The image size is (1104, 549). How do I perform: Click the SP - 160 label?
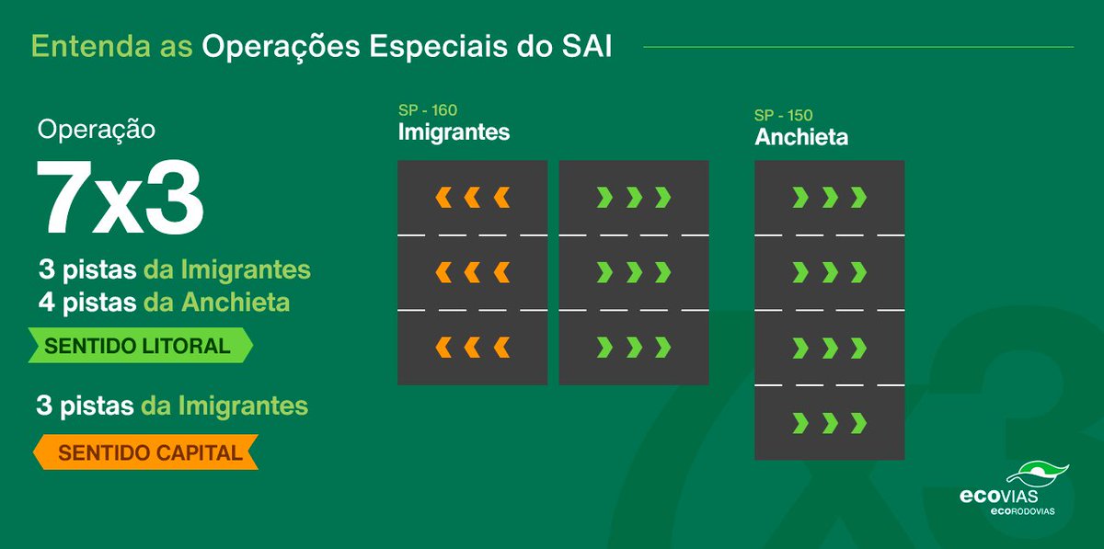pyautogui.click(x=428, y=111)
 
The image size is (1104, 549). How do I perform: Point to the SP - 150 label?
pyautogui.click(x=784, y=116)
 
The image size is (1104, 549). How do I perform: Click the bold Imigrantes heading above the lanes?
pyautogui.click(x=454, y=132)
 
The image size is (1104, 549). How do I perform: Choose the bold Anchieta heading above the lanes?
pyautogui.click(x=801, y=138)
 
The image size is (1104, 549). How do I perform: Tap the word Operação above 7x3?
pyautogui.click(x=97, y=130)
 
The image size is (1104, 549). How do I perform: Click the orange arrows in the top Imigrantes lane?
pyautogui.click(x=473, y=197)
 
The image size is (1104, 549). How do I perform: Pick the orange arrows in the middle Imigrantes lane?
pyautogui.click(x=473, y=272)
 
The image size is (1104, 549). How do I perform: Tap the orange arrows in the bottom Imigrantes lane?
pyautogui.click(x=473, y=347)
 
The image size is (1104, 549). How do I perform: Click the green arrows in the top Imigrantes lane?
pyautogui.click(x=634, y=197)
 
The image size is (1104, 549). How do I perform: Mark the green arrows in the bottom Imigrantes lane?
pyautogui.click(x=634, y=347)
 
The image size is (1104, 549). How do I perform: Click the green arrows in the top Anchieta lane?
pyautogui.click(x=830, y=197)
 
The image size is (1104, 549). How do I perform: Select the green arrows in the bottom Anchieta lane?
pyautogui.click(x=830, y=422)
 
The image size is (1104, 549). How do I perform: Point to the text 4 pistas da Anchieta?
pyautogui.click(x=164, y=301)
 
